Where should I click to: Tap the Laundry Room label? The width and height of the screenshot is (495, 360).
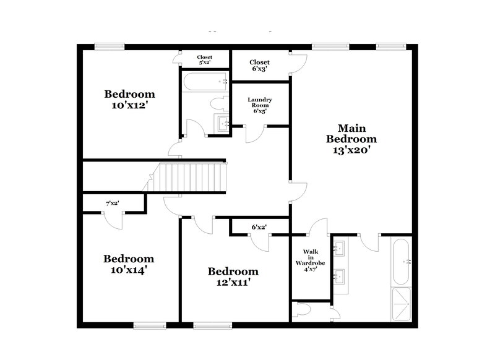coord(260,105)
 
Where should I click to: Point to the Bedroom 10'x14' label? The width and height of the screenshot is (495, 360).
coord(129,264)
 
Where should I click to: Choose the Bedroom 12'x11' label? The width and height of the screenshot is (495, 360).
coord(233,276)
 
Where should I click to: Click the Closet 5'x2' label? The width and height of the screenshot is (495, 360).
coord(205,59)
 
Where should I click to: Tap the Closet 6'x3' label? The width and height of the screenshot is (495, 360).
coord(259,66)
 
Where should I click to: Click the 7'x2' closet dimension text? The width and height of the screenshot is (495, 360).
coord(112,203)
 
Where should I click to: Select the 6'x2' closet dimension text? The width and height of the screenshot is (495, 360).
coord(259,227)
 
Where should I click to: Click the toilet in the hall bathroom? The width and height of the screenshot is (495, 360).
coord(220,103)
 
